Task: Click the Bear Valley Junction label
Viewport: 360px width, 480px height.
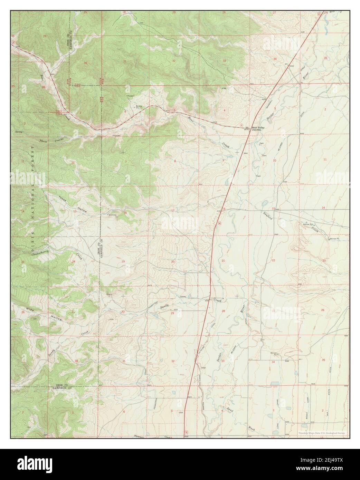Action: [x=259, y=128]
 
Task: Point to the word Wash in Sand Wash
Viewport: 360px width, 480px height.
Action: [x=251, y=428]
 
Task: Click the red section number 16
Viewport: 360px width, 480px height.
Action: [x=224, y=209]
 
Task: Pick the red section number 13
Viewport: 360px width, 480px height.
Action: [x=75, y=211]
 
